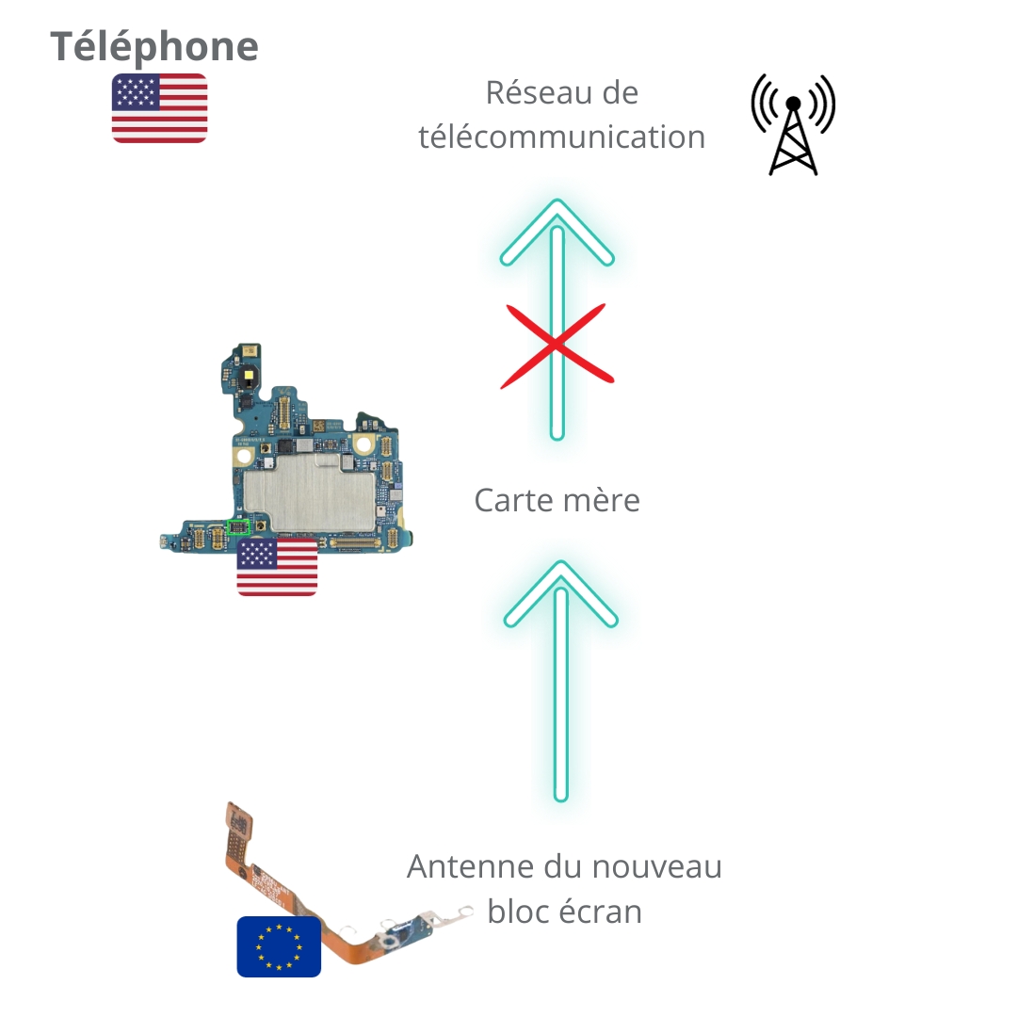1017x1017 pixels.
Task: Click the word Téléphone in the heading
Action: pyautogui.click(x=153, y=46)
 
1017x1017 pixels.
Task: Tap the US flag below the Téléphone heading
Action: pyautogui.click(x=159, y=107)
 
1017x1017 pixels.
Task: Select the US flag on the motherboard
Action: pyautogui.click(x=277, y=568)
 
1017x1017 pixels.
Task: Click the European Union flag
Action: pyautogui.click(x=279, y=945)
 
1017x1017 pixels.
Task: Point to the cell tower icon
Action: pyautogui.click(x=793, y=124)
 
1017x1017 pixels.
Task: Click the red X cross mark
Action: pyautogui.click(x=557, y=345)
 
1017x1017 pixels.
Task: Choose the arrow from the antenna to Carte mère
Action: pyautogui.click(x=561, y=678)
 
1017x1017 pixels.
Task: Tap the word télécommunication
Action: pyautogui.click(x=562, y=137)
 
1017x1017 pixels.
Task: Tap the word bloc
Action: pyautogui.click(x=518, y=911)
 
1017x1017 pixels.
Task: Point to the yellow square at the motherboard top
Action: pyautogui.click(x=246, y=375)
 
